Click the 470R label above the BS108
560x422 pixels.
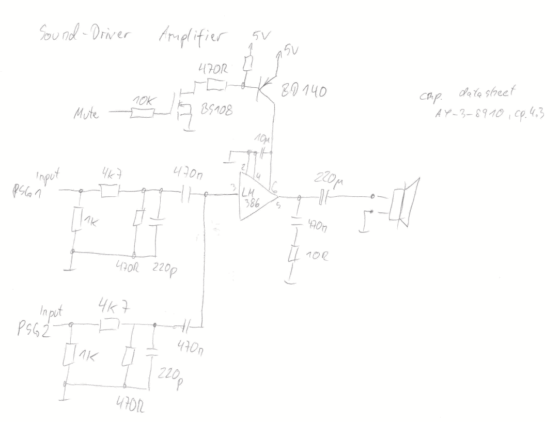[x=213, y=69]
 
